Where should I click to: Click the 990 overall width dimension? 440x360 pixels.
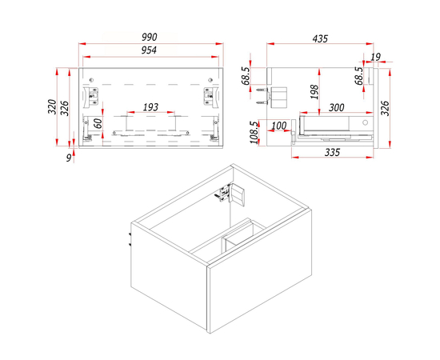pos(150,37)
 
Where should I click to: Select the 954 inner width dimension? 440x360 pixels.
pos(149,50)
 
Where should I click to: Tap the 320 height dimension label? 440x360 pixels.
pos(52,106)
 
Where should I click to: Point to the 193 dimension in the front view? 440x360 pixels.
pos(150,107)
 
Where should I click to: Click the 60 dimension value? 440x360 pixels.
pos(98,123)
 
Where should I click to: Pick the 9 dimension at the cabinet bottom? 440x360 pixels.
pos(69,158)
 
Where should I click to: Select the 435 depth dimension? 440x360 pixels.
pos(320,38)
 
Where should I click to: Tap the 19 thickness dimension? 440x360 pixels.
pos(375,57)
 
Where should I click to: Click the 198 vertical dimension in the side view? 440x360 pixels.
pos(315,92)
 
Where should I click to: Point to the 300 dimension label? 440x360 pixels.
pos(337,107)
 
